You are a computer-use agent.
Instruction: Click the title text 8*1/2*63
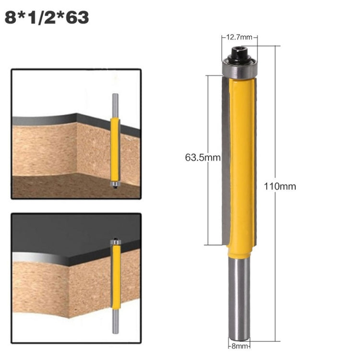coord(47,17)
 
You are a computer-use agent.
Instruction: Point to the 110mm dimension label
coord(280,186)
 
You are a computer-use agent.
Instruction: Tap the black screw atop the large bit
coord(239,54)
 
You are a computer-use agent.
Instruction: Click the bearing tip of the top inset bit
coord(115,183)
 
